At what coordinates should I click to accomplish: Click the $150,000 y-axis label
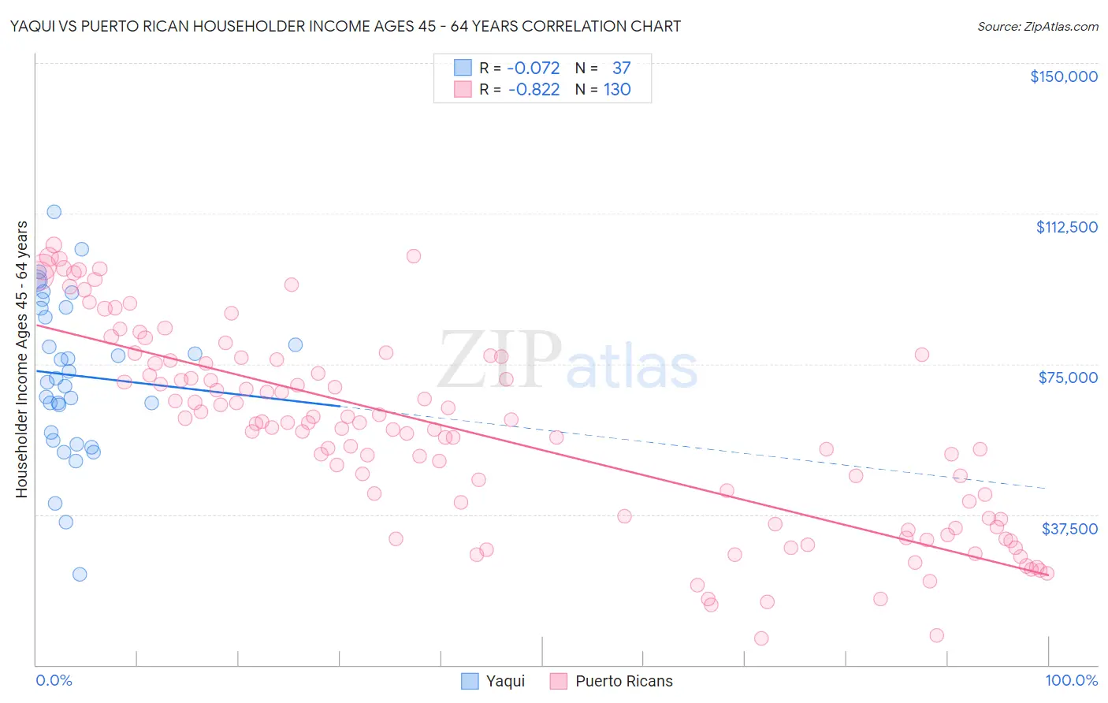[x=1063, y=76]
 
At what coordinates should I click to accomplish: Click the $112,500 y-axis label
[x=1066, y=227]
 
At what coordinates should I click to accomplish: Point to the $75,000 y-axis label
[x=1068, y=378]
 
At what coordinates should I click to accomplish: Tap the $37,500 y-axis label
[x=1069, y=529]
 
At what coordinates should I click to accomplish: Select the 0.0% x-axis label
[x=54, y=681]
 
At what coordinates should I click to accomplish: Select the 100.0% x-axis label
[x=1072, y=681]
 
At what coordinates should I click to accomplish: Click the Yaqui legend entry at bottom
[x=493, y=681]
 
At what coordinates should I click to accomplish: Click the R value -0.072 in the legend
[x=534, y=68]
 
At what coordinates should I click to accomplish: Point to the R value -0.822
[x=534, y=89]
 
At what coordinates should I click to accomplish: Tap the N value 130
[x=617, y=89]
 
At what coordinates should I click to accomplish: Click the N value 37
[x=621, y=68]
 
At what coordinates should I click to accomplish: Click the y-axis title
[x=21, y=359]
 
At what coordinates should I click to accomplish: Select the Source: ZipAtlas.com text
[x=1037, y=26]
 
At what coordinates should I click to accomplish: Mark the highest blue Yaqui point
[x=54, y=211]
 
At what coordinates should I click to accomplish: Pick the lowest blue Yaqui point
[x=80, y=574]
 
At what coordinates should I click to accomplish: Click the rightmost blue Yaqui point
[x=296, y=344]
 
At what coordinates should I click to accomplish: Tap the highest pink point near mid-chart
[x=414, y=256]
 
